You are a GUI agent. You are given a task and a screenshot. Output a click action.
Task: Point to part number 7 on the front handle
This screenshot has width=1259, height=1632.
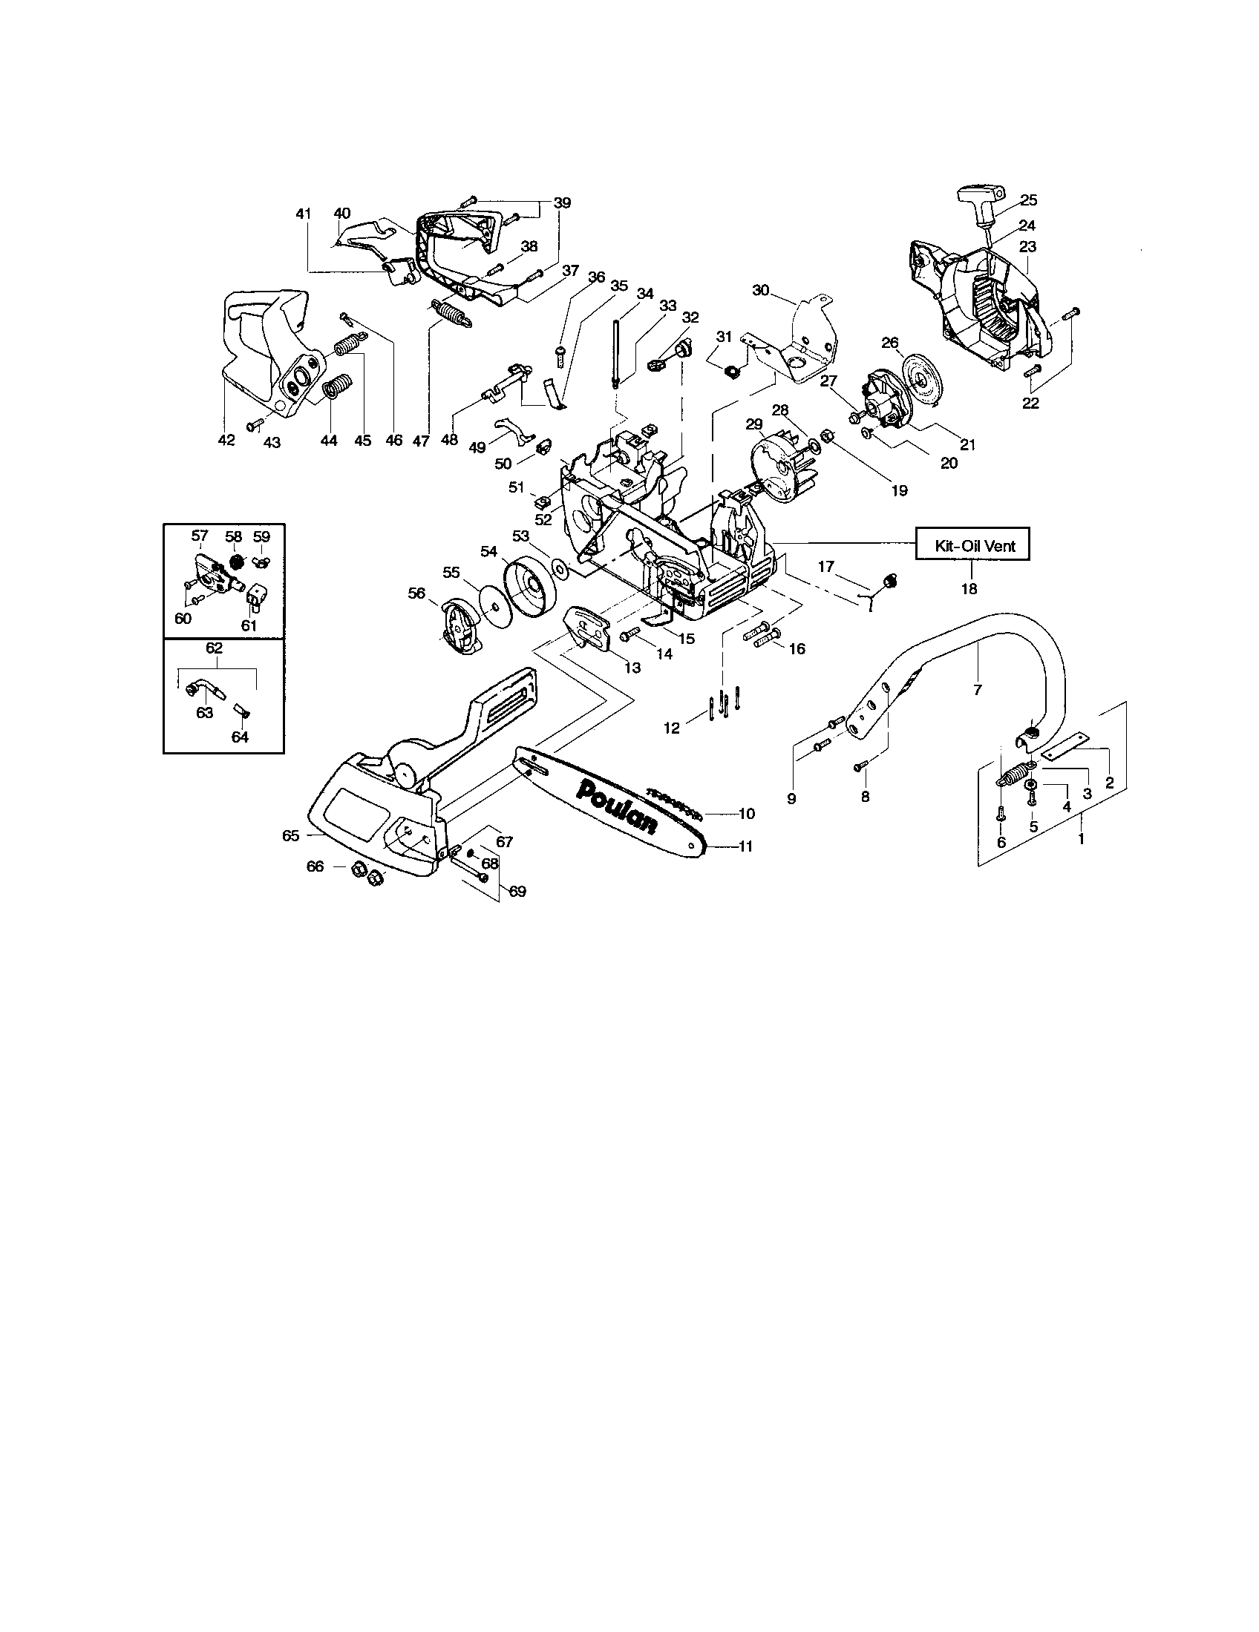click(977, 690)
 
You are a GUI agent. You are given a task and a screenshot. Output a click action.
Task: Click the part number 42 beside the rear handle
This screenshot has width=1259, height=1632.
click(226, 440)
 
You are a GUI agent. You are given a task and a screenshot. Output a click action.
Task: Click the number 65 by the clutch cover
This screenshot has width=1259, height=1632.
click(291, 835)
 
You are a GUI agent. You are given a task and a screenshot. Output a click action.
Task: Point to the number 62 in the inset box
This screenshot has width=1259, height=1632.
click(214, 648)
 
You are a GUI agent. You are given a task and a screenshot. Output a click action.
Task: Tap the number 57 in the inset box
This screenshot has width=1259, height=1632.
click(199, 536)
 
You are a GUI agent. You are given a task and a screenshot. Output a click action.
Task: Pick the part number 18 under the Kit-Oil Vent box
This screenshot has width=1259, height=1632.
click(968, 589)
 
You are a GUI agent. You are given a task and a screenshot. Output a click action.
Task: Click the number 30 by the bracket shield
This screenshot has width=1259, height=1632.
click(760, 290)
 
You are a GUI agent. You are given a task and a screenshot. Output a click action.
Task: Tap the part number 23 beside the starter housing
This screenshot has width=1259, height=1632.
click(1027, 246)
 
